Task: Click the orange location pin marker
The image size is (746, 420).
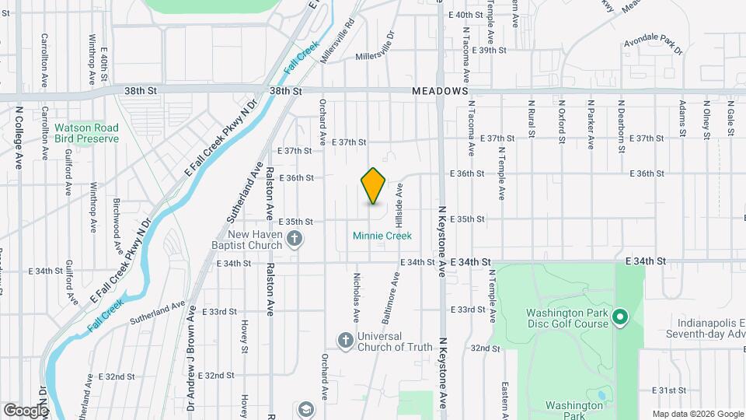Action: point(374,186)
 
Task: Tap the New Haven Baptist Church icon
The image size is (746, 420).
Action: point(295,238)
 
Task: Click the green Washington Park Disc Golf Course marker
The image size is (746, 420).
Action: point(620,317)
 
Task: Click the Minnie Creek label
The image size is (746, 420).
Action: point(382,235)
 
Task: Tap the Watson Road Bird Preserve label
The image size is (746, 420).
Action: point(86,133)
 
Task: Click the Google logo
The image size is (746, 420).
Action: point(26,410)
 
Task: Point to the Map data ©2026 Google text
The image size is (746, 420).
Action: point(697,414)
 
